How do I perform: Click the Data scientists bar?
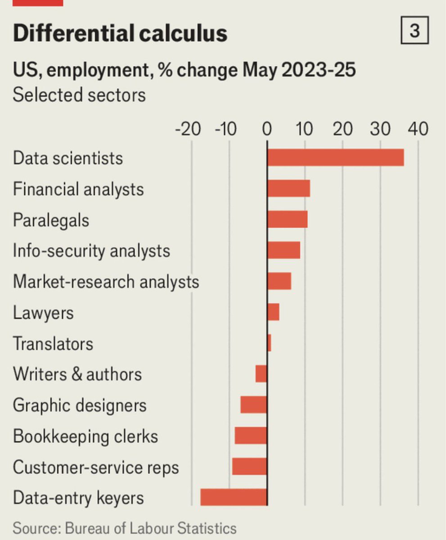[336, 157]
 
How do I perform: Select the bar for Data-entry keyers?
[234, 497]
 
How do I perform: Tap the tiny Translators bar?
[269, 343]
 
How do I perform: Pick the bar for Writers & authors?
[261, 373]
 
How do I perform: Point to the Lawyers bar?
[274, 312]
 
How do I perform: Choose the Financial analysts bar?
[289, 189]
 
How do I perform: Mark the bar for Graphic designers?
[254, 405]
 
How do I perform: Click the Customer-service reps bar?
[250, 466]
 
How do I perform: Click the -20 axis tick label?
[188, 129]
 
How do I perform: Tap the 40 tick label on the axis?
[418, 129]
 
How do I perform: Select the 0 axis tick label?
[267, 129]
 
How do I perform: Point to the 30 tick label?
[380, 129]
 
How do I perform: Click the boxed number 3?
[414, 30]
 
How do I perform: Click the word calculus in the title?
[184, 33]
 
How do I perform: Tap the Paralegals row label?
[51, 220]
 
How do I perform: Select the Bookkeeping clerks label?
[86, 436]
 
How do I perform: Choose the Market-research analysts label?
[106, 282]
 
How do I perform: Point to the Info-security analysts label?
[91, 251]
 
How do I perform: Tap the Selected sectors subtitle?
[79, 95]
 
